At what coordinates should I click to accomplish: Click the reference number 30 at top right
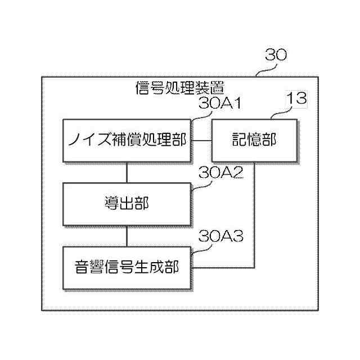tap(276, 55)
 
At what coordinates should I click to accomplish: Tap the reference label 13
tap(296, 99)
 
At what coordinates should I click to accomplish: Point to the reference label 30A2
tap(220, 173)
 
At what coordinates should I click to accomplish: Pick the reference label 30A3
tap(220, 237)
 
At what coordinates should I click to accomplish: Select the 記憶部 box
tap(254, 140)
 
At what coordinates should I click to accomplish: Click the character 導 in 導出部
tap(111, 204)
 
